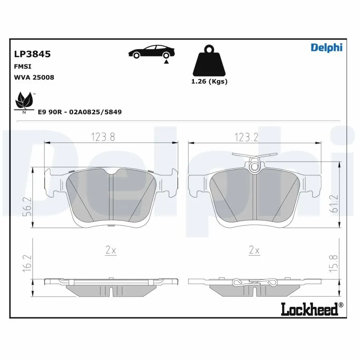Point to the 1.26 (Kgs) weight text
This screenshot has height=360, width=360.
209,81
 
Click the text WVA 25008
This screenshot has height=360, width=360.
34,77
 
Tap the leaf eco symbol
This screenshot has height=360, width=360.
24,102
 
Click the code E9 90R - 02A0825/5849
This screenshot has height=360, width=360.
80,111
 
